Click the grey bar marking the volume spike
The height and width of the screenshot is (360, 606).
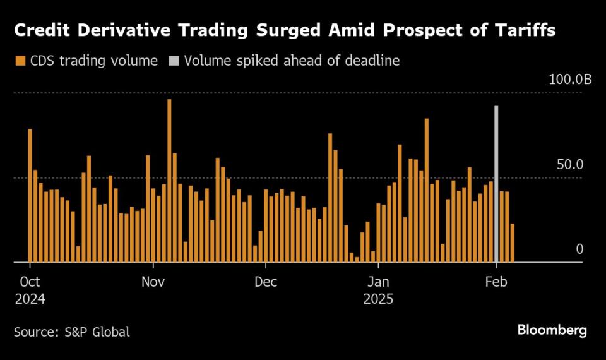[x=497, y=184]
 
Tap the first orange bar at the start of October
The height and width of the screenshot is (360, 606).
[x=30, y=195]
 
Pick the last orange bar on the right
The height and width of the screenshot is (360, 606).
[x=513, y=243]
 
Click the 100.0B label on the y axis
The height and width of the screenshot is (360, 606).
[x=570, y=80]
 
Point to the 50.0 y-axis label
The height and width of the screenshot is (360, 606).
[x=570, y=165]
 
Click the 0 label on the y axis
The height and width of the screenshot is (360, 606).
[x=579, y=249]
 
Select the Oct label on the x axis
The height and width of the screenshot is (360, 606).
[x=30, y=281]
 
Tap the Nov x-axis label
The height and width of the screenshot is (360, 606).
[x=153, y=281]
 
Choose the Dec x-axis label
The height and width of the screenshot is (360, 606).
[x=266, y=281]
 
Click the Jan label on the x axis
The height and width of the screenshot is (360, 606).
[x=378, y=281]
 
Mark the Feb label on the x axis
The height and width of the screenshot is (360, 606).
[x=497, y=281]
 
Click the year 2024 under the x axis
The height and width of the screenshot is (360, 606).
[x=30, y=298]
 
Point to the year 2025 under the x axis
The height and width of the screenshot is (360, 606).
[x=378, y=298]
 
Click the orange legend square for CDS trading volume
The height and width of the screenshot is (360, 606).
[x=19, y=61]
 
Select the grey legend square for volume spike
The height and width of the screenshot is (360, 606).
[x=173, y=61]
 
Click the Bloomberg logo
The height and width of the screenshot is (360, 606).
[x=552, y=330]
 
